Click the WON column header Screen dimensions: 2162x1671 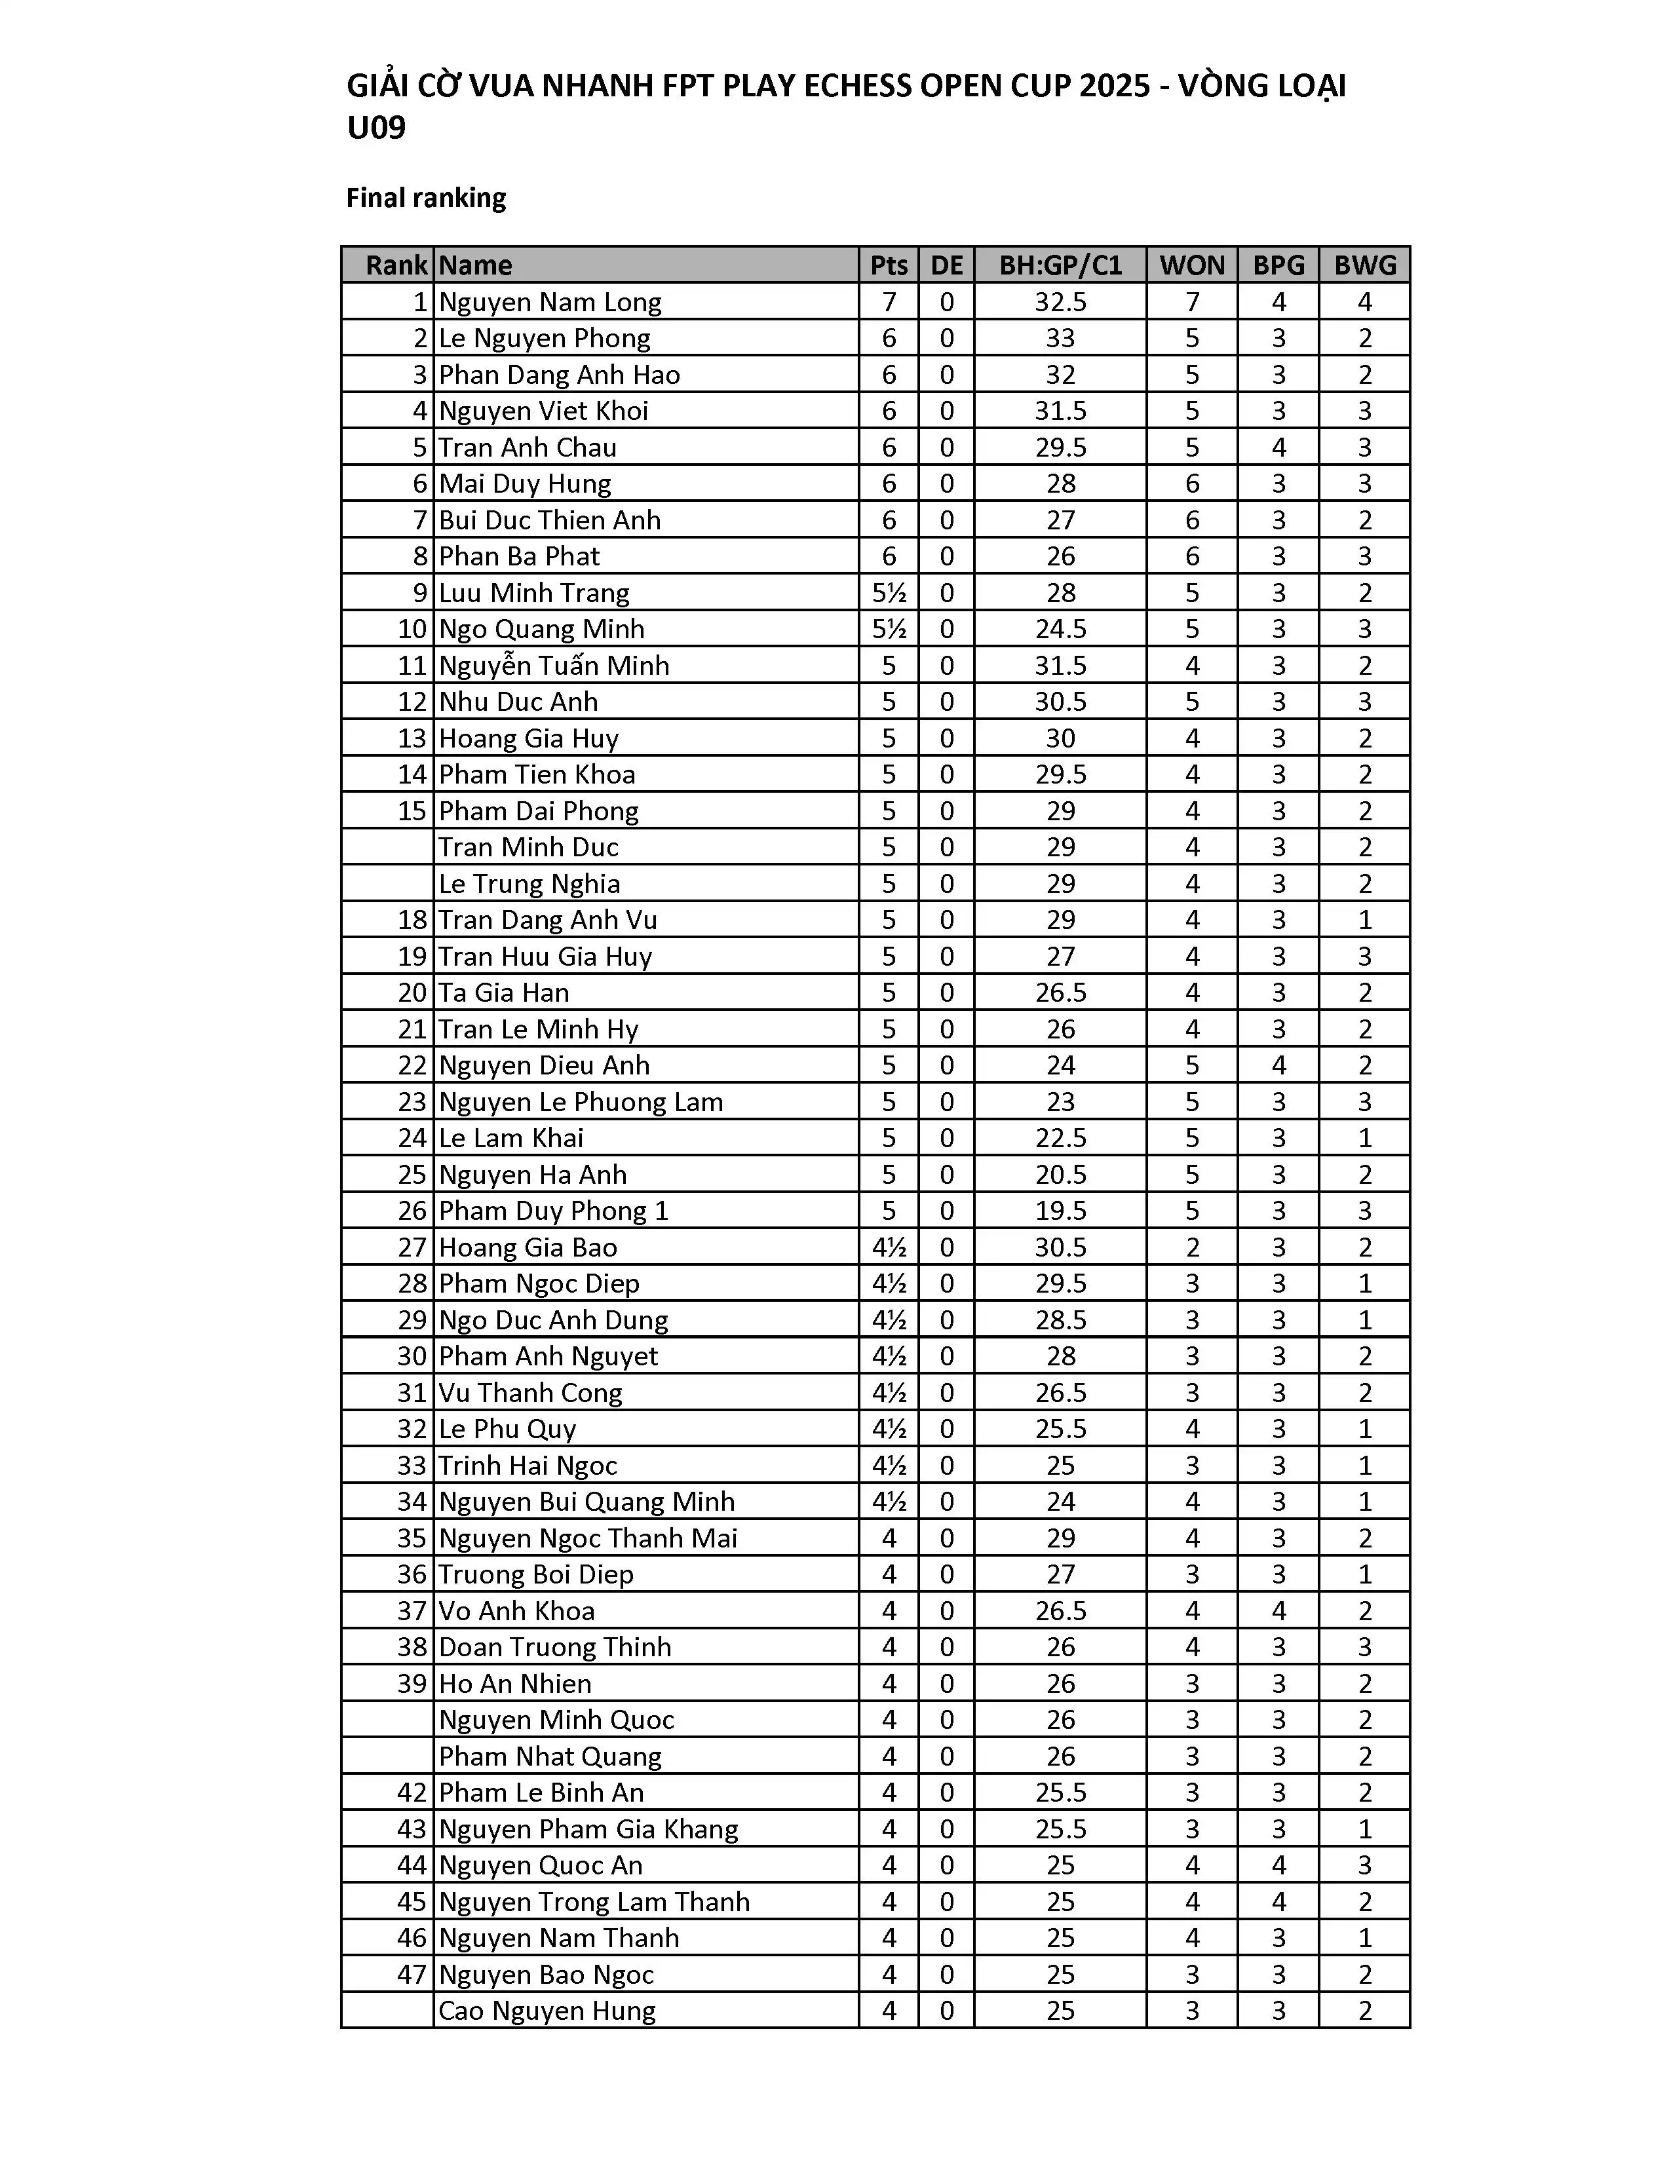tap(1192, 265)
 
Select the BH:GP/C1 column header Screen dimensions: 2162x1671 tap(1060, 265)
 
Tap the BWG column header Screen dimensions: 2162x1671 tap(1365, 265)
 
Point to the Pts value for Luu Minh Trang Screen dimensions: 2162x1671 tap(889, 593)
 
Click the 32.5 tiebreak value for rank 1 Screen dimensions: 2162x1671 tap(1060, 302)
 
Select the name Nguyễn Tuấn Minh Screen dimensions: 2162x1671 tap(553, 665)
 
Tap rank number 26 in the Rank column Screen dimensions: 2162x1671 tap(412, 1211)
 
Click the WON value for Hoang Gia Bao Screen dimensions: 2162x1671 tap(1192, 1247)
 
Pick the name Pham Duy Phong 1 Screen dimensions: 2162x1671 tap(553, 1211)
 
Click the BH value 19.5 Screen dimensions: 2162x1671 tap(1060, 1211)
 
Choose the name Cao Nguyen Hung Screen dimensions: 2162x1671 tap(547, 2011)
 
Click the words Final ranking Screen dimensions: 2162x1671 tap(426, 198)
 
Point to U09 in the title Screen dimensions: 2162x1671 tap(376, 128)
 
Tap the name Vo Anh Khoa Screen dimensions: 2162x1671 tap(517, 1610)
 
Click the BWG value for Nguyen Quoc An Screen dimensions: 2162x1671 tap(1365, 1865)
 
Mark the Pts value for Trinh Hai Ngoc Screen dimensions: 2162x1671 tap(889, 1465)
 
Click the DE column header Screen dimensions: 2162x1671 tap(946, 265)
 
